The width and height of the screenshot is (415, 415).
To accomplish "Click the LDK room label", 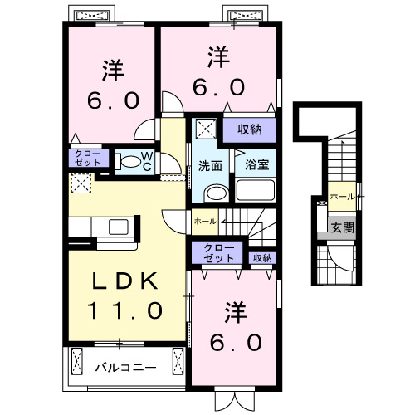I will coord(124,281).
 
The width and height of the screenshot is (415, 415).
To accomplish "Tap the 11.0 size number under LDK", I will coord(124,311).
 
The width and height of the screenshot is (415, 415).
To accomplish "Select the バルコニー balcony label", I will coord(124,365).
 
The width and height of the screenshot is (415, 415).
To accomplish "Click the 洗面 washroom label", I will coord(209,165).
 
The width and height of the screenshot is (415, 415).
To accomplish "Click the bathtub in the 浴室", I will coord(255,190).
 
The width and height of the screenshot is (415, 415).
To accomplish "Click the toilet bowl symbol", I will coord(129,163).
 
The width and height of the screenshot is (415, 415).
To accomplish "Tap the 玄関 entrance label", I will coord(342,226).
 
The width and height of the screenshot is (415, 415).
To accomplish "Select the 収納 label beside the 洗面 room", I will coord(250,129).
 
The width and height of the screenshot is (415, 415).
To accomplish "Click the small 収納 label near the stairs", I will coord(262,258).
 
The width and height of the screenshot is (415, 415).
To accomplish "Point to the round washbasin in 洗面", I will coord(213,193).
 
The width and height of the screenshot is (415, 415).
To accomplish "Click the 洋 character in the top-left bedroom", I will coord(114,68).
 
